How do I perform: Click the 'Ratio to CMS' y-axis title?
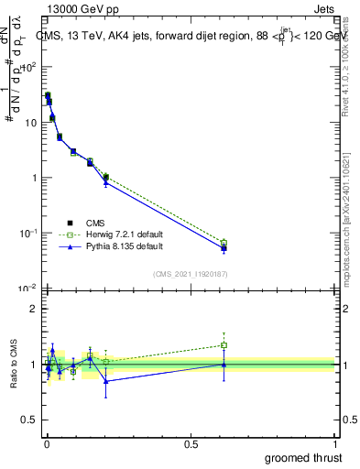coord(14,364)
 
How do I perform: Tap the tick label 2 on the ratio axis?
coord(34,309)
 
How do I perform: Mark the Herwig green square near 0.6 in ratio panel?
coord(224,345)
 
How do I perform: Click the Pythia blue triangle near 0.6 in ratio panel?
coord(224,364)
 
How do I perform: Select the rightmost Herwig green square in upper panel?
coord(224,243)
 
